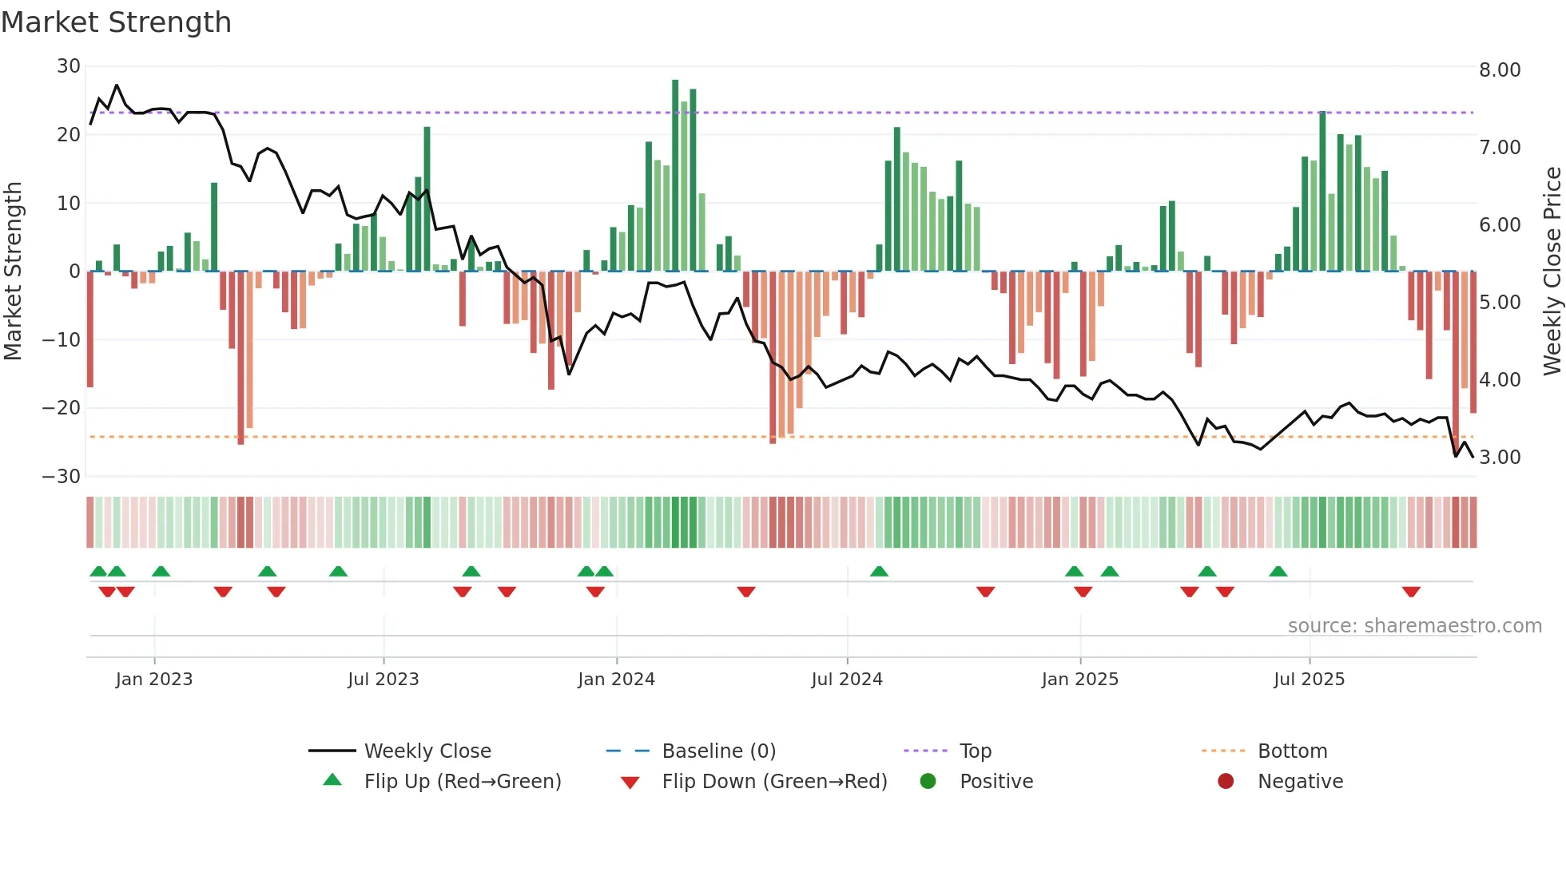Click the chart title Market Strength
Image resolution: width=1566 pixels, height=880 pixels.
[x=116, y=22]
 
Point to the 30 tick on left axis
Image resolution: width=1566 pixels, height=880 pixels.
[x=69, y=66]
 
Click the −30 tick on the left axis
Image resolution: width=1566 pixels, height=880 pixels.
[x=62, y=477]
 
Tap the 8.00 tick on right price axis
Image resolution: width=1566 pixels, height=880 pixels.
[x=1500, y=70]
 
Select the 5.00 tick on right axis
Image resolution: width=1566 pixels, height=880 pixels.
[x=1500, y=303]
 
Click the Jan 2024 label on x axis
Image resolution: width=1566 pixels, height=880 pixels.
[x=616, y=680]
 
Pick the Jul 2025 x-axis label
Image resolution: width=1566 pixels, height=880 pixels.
[x=1309, y=680]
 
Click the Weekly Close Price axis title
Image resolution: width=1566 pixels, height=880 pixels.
[x=1552, y=272]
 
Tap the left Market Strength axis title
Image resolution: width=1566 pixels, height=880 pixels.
[x=13, y=272]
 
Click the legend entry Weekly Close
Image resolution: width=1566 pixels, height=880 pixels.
[x=427, y=751]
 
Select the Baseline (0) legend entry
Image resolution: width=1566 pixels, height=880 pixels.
[x=718, y=751]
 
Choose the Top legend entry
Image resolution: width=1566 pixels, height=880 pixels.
[x=975, y=751]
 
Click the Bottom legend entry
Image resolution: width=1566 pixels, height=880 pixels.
[x=1292, y=751]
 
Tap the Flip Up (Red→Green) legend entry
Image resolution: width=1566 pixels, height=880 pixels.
[x=463, y=782]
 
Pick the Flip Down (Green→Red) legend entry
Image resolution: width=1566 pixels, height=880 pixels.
[x=774, y=782]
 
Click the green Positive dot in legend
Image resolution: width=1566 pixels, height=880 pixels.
[x=928, y=782]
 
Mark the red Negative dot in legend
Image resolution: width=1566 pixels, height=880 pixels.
[x=1226, y=782]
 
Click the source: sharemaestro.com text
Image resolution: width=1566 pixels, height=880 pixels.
[x=1414, y=626]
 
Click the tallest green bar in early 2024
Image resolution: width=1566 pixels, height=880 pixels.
[x=675, y=176]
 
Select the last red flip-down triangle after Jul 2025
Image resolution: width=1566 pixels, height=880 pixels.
[x=1411, y=592]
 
